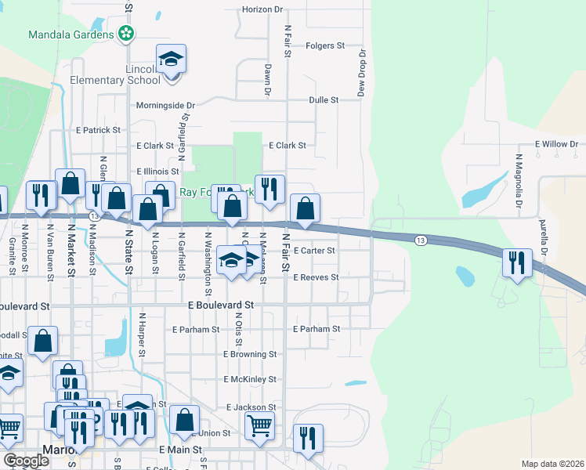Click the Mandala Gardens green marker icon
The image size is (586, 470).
tap(125, 34)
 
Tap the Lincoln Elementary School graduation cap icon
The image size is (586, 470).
tap(171, 60)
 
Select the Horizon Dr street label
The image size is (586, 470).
tap(262, 9)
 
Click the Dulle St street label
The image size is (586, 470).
tap(323, 100)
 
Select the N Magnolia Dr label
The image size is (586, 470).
tap(519, 181)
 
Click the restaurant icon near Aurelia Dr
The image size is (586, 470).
tap(517, 263)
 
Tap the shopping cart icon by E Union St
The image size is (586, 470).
tap(259, 426)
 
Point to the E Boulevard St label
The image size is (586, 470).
tap(221, 305)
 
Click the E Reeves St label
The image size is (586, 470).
tap(315, 277)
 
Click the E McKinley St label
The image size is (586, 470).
tap(249, 379)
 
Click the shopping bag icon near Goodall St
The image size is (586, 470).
tap(44, 342)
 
